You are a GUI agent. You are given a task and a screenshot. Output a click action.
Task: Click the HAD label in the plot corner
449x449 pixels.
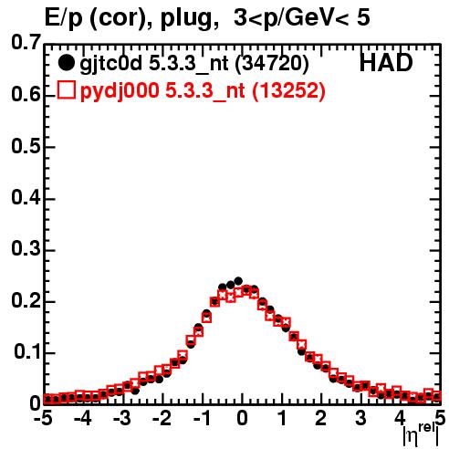click(386, 63)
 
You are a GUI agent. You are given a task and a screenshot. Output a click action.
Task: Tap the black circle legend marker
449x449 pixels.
click(66, 63)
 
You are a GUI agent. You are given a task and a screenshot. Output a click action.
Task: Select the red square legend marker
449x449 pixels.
click(67, 90)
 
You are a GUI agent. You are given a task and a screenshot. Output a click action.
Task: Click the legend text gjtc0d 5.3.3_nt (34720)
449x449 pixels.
click(194, 64)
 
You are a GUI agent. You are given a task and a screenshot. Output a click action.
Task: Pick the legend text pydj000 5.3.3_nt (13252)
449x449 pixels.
click(203, 90)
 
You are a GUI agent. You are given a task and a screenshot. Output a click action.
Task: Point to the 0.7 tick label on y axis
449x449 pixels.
click(26, 42)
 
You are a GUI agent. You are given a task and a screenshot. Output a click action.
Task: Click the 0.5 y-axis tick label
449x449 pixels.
click(26, 146)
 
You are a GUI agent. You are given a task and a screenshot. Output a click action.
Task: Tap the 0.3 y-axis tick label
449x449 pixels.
click(26, 249)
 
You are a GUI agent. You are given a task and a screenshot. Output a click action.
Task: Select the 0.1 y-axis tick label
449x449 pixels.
click(27, 351)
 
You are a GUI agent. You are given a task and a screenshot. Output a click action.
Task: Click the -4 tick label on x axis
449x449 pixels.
click(82, 418)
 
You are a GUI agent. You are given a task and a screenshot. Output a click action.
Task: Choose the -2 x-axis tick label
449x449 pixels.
click(162, 418)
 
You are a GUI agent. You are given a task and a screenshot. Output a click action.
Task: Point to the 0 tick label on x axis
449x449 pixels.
click(242, 418)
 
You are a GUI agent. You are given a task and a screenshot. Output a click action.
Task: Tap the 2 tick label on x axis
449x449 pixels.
click(321, 418)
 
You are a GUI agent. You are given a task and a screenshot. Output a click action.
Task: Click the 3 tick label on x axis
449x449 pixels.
click(360, 418)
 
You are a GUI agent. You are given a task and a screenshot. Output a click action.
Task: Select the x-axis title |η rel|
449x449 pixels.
click(421, 434)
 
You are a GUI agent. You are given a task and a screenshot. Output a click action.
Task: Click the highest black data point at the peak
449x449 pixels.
click(238, 280)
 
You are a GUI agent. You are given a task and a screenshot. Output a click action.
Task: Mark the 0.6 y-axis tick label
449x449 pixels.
click(26, 95)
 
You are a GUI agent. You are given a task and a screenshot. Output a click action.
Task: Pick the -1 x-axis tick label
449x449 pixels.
click(202, 418)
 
